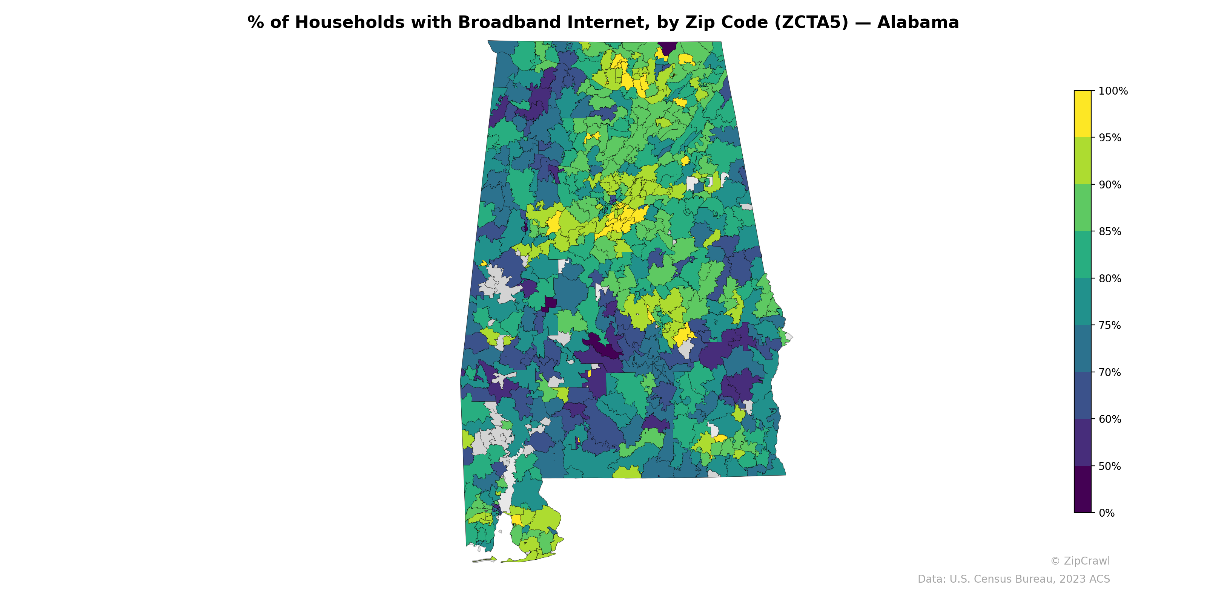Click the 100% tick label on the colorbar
pyautogui.click(x=1113, y=91)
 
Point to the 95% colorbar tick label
pyautogui.click(x=1110, y=138)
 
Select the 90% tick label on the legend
pyautogui.click(x=1110, y=184)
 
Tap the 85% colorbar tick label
pyautogui.click(x=1110, y=231)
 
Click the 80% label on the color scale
pyautogui.click(x=1110, y=279)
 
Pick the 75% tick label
pyautogui.click(x=1110, y=325)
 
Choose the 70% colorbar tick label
pyautogui.click(x=1110, y=372)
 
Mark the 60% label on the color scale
pyautogui.click(x=1110, y=419)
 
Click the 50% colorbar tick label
pyautogui.click(x=1110, y=466)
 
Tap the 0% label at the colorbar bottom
pyautogui.click(x=1106, y=513)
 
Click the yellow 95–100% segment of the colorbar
pyautogui.click(x=1083, y=114)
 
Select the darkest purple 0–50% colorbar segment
pyautogui.click(x=1083, y=489)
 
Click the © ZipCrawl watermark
pyautogui.click(x=1080, y=561)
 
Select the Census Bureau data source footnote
pyautogui.click(x=1014, y=579)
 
